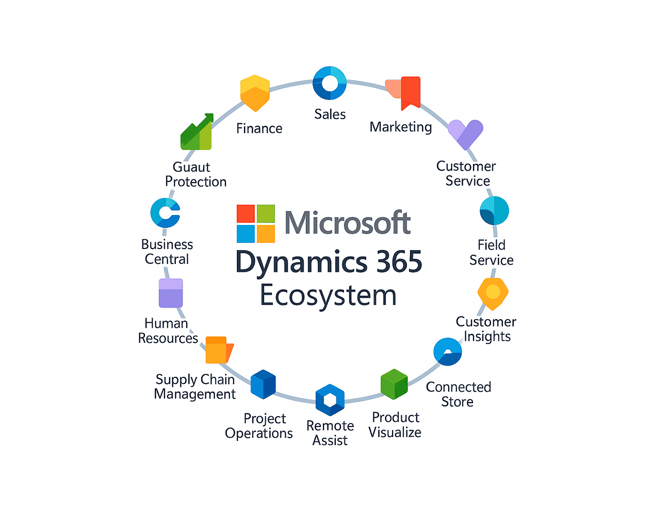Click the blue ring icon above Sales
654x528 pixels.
click(x=330, y=83)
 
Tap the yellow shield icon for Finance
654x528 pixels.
click(x=255, y=93)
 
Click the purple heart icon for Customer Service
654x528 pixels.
click(x=466, y=133)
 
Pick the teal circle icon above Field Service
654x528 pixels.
click(x=494, y=211)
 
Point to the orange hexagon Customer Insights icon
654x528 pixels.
click(x=493, y=293)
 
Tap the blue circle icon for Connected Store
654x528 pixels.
click(x=447, y=352)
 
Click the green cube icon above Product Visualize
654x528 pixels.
click(x=394, y=384)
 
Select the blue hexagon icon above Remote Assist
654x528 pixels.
click(x=330, y=400)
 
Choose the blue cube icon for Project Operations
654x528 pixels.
click(x=263, y=385)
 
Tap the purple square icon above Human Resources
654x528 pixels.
click(x=171, y=293)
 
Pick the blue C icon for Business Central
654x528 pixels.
click(x=165, y=212)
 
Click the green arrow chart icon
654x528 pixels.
click(x=197, y=133)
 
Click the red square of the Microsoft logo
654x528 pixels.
click(x=246, y=213)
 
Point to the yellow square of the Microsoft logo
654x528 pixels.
click(x=266, y=234)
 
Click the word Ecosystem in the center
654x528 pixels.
click(x=328, y=295)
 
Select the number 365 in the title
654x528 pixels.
click(x=399, y=261)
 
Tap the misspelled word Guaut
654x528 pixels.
click(x=191, y=167)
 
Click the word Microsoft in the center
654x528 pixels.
click(x=347, y=223)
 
